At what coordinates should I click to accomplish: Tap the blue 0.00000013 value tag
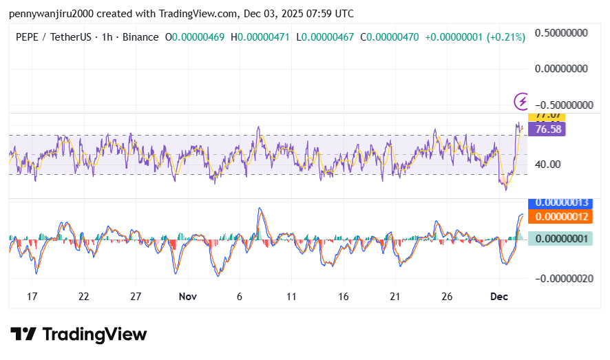(560, 202)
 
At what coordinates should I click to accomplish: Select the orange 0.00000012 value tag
(560, 217)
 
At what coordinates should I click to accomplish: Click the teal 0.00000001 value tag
(560, 238)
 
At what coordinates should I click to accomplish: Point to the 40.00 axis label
(549, 164)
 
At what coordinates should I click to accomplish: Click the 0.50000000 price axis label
(561, 32)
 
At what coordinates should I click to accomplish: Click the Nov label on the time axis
(187, 297)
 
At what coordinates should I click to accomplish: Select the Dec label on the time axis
(499, 297)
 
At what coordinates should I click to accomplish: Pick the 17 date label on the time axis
(32, 297)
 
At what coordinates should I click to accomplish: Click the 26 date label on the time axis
(447, 297)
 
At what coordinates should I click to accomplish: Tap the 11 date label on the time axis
(291, 297)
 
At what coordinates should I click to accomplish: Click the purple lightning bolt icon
(523, 102)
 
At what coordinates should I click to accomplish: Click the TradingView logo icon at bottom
(24, 335)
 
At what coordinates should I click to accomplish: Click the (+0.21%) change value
(505, 36)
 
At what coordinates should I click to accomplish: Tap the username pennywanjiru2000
(51, 14)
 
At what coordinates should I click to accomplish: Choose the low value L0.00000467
(326, 36)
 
